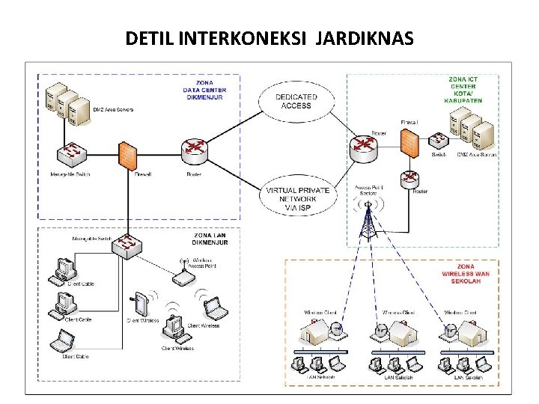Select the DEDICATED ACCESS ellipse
tap(296, 101)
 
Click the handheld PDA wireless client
tap(141, 304)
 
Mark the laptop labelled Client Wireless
tap(213, 308)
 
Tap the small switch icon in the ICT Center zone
tap(439, 141)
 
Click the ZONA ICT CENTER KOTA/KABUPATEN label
tap(463, 89)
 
